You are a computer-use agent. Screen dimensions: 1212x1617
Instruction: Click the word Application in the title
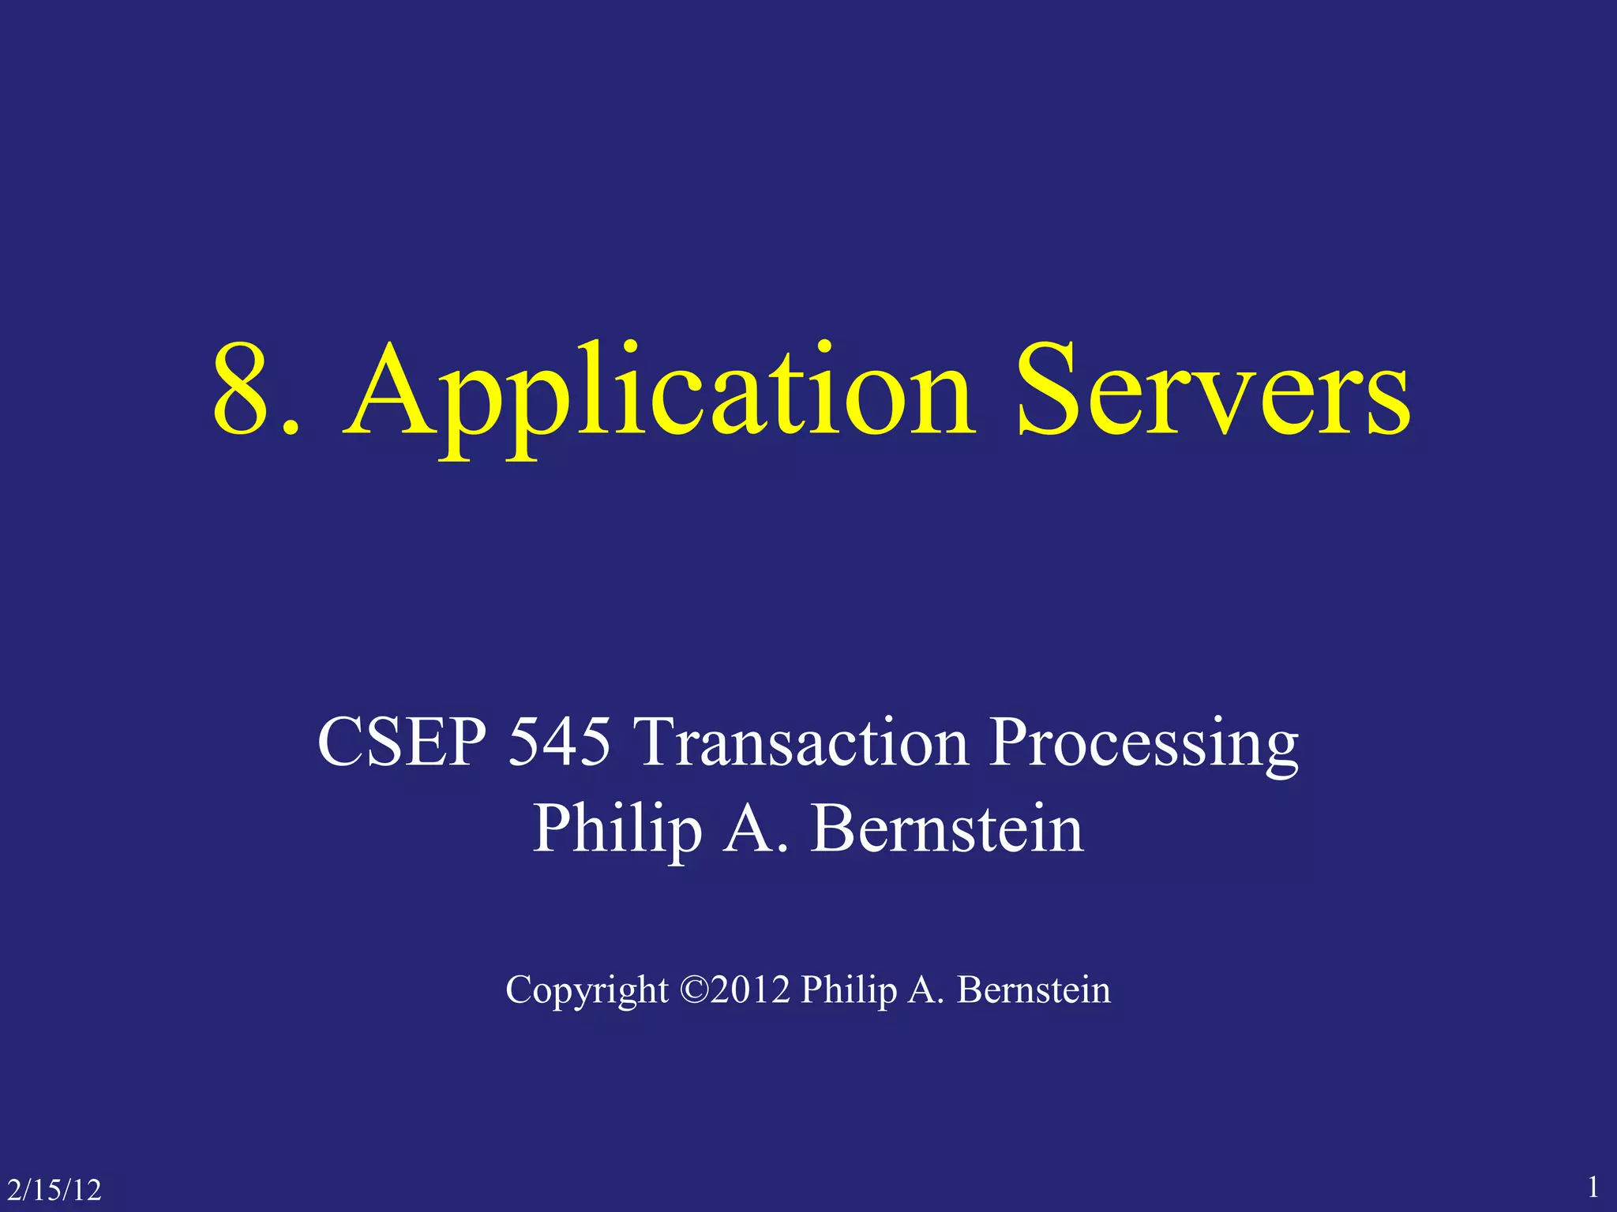click(658, 395)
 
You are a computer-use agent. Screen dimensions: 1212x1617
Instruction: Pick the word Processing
click(1144, 746)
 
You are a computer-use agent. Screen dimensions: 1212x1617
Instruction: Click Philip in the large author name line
click(617, 830)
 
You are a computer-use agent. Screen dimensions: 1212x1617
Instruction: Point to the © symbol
click(694, 989)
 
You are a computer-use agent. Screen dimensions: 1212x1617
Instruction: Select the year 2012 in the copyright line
click(750, 989)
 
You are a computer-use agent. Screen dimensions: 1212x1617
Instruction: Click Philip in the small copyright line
click(848, 991)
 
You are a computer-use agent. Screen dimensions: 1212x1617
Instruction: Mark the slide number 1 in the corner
click(1593, 1187)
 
